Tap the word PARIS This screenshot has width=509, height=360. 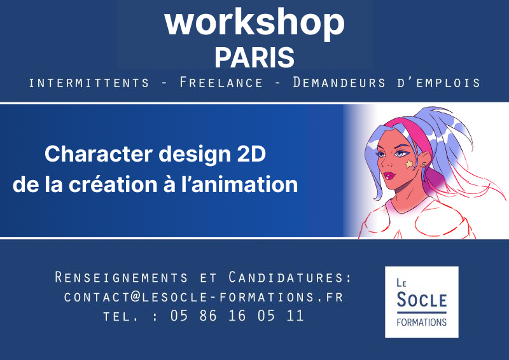(254, 57)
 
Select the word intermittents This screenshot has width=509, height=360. (88, 83)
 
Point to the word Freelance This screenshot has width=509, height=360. (221, 83)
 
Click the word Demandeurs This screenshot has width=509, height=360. (339, 83)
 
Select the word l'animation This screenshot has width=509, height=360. (239, 184)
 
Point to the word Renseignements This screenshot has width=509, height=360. (121, 277)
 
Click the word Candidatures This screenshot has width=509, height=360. (290, 277)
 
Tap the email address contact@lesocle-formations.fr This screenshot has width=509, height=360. (204, 297)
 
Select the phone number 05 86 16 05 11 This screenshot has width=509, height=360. (237, 315)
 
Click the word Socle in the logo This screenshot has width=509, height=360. (422, 300)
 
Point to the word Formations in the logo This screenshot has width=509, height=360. (422, 322)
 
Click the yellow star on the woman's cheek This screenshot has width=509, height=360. (409, 164)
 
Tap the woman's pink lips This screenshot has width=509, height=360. (389, 176)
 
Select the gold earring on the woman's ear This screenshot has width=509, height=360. (424, 165)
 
